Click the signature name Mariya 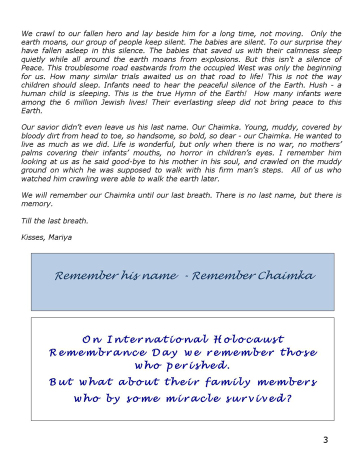(60, 237)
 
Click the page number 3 (325, 440)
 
